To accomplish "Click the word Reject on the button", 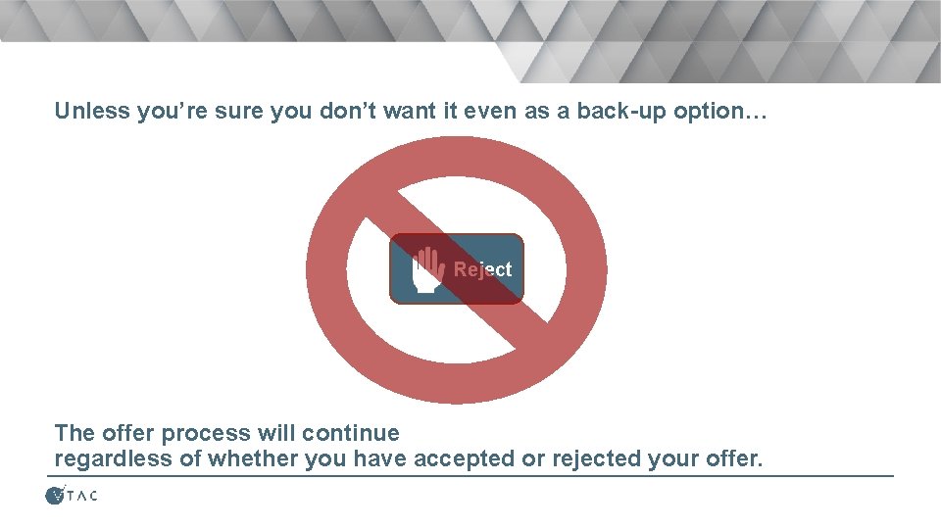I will point(482,269).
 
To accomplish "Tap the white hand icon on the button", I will point(427,269).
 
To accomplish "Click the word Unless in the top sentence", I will point(92,111).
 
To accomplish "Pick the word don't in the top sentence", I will point(347,111).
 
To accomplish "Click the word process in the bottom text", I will point(204,433).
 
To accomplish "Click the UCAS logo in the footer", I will point(72,496).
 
